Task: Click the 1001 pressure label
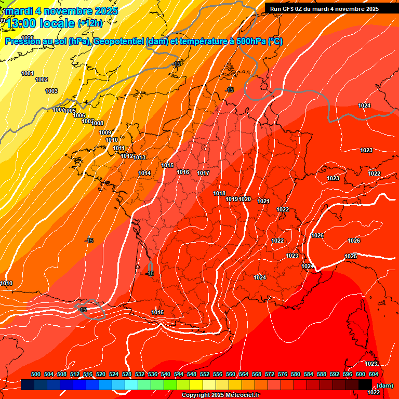point(28,73)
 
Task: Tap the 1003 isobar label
point(51,91)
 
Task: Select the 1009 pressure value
point(105,132)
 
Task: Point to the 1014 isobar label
point(144,173)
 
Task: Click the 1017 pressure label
point(203,173)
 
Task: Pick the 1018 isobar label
point(219,193)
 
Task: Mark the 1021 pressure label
point(263,201)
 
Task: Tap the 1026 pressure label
point(317,235)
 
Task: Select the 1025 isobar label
point(351,256)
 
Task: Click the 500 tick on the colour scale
point(36,374)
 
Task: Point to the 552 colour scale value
point(205,374)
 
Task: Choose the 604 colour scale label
point(373,374)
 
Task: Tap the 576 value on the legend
point(283,374)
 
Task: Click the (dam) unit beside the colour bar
point(384,385)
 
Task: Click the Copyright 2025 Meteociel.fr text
point(220,395)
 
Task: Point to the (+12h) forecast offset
point(90,23)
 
